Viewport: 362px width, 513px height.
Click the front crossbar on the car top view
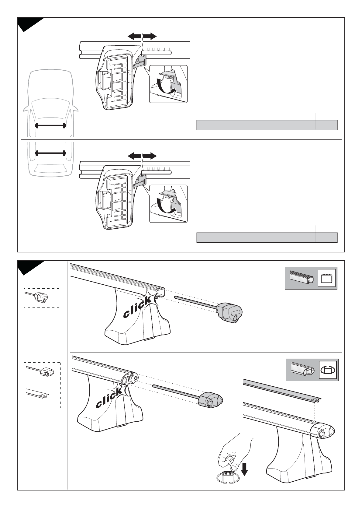50,125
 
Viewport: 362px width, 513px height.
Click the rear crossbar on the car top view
50,153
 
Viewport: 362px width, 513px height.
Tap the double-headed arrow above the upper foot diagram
142,36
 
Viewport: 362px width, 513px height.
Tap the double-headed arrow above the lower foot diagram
142,156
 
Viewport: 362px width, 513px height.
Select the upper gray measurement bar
267,125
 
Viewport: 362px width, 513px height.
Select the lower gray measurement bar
267,237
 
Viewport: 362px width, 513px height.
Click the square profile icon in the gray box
326,278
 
